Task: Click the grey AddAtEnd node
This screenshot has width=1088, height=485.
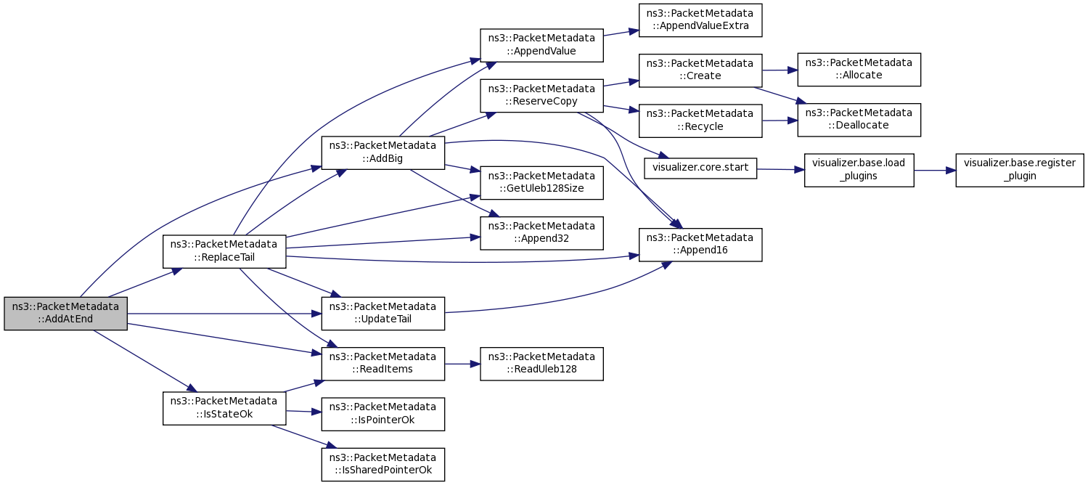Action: tap(65, 314)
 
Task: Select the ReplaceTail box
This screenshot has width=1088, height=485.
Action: tap(224, 251)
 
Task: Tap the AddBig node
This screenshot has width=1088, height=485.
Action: tap(383, 152)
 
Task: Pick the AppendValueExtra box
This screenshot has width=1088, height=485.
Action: tap(700, 20)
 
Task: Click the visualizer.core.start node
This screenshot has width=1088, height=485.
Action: tap(700, 168)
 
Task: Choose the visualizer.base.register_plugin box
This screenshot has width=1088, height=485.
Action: tap(1020, 170)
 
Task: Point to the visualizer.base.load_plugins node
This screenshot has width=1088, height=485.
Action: tap(859, 170)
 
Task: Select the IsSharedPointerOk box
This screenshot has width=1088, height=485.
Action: tap(383, 465)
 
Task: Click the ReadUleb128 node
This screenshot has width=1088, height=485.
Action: tap(541, 364)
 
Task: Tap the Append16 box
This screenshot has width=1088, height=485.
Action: tap(700, 245)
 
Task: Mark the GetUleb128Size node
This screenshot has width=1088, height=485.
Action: tap(541, 183)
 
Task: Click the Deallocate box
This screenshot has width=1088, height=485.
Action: tap(859, 120)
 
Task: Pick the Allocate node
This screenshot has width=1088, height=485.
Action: tap(859, 70)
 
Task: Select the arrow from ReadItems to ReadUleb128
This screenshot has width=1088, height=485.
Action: tap(462, 364)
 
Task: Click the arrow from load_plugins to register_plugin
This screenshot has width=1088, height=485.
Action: tap(935, 171)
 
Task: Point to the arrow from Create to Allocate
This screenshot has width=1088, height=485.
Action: tap(780, 70)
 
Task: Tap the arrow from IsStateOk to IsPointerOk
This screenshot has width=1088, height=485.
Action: tap(303, 412)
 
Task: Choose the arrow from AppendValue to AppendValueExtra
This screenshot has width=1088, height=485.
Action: tap(621, 33)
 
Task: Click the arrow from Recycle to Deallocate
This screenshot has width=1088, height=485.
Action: tap(780, 121)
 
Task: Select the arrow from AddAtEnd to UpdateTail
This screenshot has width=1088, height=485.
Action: tap(224, 314)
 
